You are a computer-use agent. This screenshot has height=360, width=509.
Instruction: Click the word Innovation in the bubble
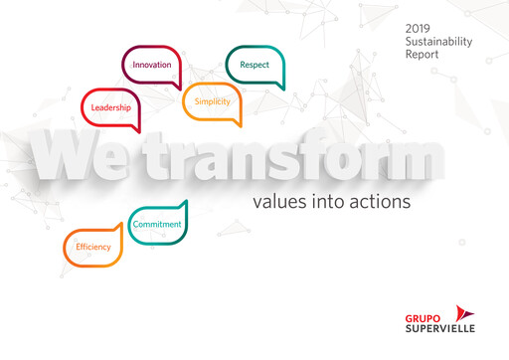152,65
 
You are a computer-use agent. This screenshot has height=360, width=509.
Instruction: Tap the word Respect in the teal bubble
254,66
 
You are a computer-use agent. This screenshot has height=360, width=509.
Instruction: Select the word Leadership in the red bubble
110,107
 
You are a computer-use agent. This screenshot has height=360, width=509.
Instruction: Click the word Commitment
157,225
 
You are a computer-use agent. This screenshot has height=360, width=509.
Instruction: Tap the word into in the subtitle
328,202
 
